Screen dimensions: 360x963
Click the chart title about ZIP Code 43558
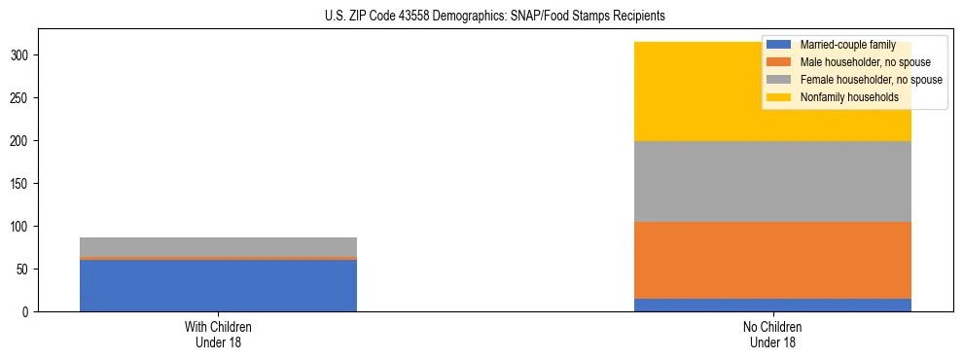click(x=495, y=17)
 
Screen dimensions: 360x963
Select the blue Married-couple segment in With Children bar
click(x=218, y=285)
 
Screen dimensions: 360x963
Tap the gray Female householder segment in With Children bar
click(x=218, y=247)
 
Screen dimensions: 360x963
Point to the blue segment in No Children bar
click(x=772, y=305)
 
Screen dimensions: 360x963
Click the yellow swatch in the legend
click(x=779, y=97)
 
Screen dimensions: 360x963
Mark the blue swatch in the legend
click(x=779, y=45)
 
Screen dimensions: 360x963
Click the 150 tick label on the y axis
click(x=23, y=184)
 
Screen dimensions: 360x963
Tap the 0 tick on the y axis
click(x=29, y=312)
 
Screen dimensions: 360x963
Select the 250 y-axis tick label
click(x=23, y=98)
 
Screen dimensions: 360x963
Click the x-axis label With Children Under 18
click(x=218, y=335)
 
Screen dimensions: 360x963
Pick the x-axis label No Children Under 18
click(x=772, y=335)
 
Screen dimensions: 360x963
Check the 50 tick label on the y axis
click(x=26, y=270)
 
